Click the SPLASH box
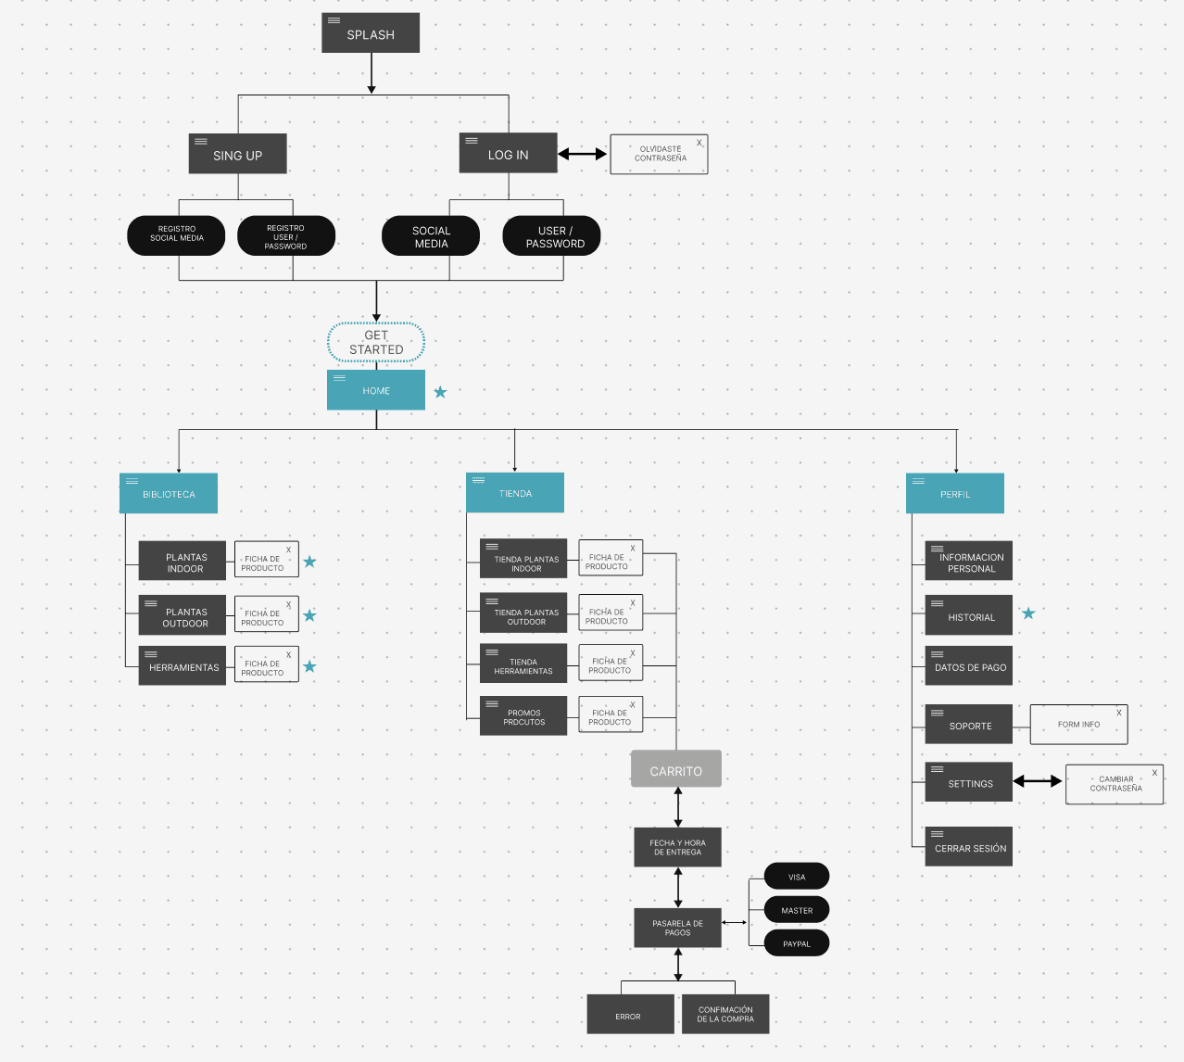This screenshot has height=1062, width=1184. pos(371,33)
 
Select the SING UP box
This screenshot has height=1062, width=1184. pos(237,154)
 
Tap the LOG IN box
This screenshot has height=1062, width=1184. pos(508,153)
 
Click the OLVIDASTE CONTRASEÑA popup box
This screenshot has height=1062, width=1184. pos(659,154)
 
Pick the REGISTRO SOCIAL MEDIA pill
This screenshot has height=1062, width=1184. pos(176,234)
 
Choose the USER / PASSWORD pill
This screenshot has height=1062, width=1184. pos(552,236)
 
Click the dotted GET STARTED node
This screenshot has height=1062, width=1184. pos(376,343)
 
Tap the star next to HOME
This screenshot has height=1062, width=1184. pos(440,392)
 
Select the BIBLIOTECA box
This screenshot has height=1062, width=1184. pos(169,494)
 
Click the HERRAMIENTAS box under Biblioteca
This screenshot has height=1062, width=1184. pos(182,666)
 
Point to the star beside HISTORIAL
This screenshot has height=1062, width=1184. pos(1028,613)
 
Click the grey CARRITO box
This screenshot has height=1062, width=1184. pos(675,769)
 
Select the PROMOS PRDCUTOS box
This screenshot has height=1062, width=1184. pos(523,715)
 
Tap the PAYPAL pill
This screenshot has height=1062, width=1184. pos(797,943)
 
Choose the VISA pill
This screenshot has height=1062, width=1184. pos(797,876)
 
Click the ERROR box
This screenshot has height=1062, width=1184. pos(628,1015)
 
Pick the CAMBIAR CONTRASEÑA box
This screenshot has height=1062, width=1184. pos(1115,784)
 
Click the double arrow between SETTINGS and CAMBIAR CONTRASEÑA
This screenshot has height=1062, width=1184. pos(1038,781)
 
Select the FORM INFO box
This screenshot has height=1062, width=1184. pos(1078,725)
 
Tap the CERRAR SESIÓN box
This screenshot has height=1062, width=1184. pos(968,847)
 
